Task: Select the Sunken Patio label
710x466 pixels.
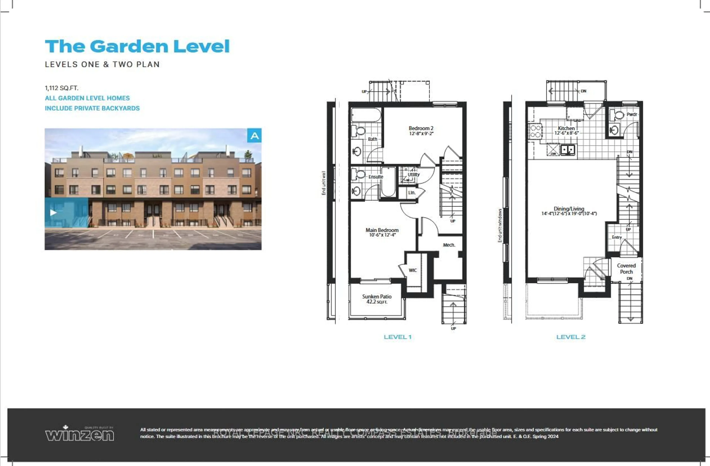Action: [x=377, y=296]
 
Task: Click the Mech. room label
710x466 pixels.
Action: [x=449, y=245]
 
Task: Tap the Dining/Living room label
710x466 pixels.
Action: [x=569, y=209]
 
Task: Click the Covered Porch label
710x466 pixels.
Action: [x=626, y=269]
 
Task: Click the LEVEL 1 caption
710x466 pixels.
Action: [x=397, y=337]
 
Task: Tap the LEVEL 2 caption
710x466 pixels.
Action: [x=571, y=337]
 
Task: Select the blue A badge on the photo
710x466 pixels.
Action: [x=254, y=136]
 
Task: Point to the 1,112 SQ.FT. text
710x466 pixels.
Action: [x=61, y=88]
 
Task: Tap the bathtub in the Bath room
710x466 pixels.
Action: [x=366, y=115]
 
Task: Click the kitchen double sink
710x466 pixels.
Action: [x=567, y=150]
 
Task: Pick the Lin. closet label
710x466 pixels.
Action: [x=412, y=193]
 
